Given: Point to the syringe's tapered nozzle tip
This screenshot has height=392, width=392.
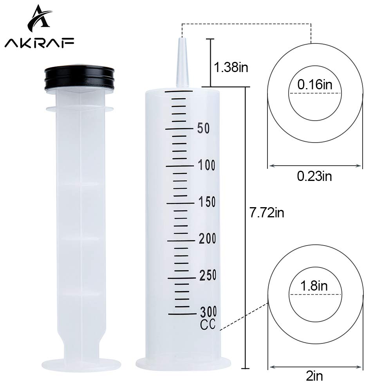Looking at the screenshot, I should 182,59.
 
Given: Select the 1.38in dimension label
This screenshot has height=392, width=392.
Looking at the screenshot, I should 231,67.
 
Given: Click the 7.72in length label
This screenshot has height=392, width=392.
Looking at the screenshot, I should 267,213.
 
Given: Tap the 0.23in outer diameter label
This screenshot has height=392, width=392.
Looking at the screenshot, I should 314,177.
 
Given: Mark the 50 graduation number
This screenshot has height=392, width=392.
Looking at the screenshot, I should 204,128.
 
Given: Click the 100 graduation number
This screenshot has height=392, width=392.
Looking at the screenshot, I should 206,166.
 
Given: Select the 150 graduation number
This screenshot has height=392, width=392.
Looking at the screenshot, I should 207,202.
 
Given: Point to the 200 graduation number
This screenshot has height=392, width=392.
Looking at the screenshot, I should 207,239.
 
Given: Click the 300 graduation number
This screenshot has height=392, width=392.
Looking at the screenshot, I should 208,312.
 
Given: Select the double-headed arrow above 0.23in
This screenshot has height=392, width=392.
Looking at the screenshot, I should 315,166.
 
